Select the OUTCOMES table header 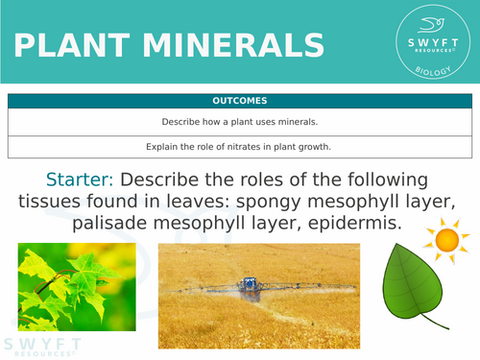tap(240, 101)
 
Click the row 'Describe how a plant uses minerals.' tap(240, 123)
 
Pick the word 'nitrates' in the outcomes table tap(243, 147)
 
